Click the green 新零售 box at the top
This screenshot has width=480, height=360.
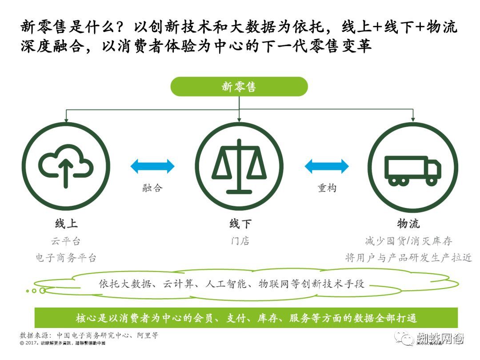point(239,87)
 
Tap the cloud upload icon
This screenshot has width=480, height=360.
point(66,166)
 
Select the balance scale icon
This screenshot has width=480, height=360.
point(239,166)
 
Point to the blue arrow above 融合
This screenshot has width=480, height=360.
point(152,166)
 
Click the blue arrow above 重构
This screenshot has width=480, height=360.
point(327,166)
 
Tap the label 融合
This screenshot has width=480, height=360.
point(152,188)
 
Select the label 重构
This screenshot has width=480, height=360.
point(327,188)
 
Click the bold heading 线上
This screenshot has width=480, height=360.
point(66,224)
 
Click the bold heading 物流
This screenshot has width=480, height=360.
point(408,224)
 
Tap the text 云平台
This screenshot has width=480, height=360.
point(66,241)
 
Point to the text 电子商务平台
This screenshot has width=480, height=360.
point(66,258)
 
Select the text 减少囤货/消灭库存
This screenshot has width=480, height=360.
point(408,241)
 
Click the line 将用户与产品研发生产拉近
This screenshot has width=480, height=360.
point(408,258)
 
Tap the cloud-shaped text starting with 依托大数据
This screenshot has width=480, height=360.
point(231,284)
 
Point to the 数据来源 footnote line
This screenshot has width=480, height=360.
point(89,335)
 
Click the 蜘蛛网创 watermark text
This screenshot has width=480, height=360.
point(440,339)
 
